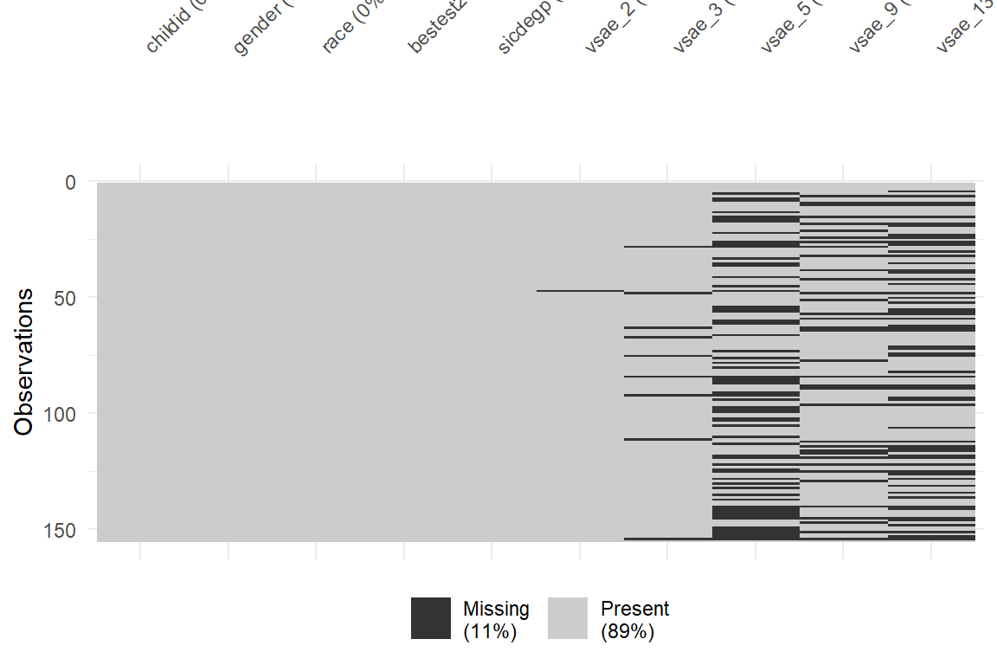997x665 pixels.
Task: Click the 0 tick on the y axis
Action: (x=69, y=182)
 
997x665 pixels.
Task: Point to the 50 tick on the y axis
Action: (x=65, y=298)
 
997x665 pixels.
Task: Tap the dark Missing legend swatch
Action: (x=430, y=618)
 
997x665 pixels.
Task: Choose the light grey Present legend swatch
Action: (x=567, y=618)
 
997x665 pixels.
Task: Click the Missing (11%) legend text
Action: (x=496, y=620)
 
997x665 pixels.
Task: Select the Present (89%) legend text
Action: (x=634, y=620)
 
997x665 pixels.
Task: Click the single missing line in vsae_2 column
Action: (x=580, y=291)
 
